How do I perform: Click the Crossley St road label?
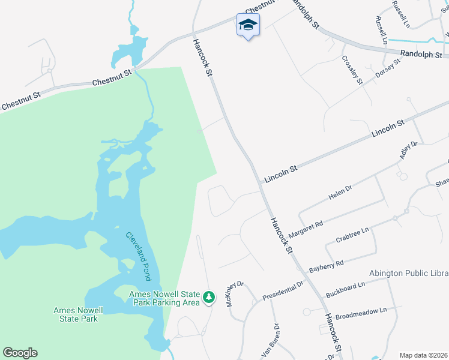(x=352, y=70)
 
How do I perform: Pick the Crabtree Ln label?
(x=352, y=234)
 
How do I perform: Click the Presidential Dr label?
(x=283, y=289)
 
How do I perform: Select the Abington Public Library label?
(x=409, y=273)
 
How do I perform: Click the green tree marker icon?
(x=209, y=297)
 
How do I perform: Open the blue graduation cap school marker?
(x=248, y=25)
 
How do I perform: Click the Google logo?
(x=20, y=353)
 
